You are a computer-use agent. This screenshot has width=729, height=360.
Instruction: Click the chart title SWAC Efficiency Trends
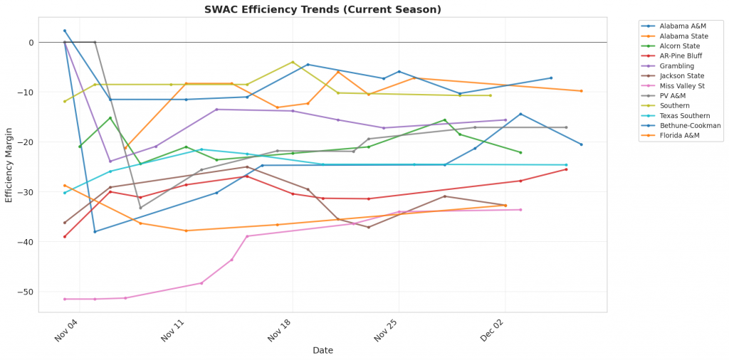click(x=322, y=9)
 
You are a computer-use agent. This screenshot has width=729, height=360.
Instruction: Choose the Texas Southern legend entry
click(x=683, y=115)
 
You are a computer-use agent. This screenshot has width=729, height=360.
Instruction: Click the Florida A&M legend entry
click(x=679, y=135)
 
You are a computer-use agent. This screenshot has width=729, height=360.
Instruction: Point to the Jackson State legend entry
click(x=681, y=75)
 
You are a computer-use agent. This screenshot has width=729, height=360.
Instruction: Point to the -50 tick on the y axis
click(x=27, y=292)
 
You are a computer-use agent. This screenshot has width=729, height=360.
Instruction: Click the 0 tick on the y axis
click(x=31, y=43)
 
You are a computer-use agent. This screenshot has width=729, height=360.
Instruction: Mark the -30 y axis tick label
click(x=27, y=192)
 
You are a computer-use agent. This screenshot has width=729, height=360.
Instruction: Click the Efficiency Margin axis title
click(x=9, y=162)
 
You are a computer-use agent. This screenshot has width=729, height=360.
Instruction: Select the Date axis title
click(x=322, y=350)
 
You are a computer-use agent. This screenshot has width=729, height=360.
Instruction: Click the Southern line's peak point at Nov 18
click(x=293, y=62)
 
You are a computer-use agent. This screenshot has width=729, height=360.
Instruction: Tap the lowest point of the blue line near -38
click(x=95, y=231)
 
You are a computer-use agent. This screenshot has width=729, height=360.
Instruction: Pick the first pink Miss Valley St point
click(x=65, y=299)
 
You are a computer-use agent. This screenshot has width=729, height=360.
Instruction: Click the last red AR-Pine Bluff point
click(x=566, y=169)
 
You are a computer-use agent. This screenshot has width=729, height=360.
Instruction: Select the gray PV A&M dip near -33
click(x=140, y=208)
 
